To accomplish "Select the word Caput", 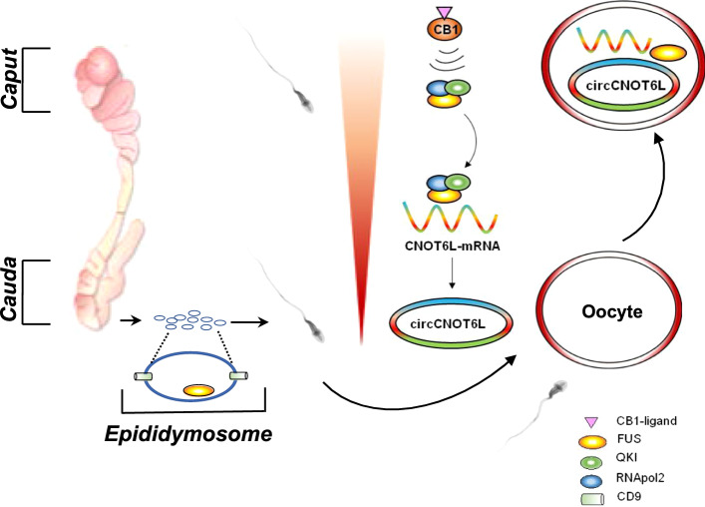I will pos(12,81).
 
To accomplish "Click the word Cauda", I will pos(12,289).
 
